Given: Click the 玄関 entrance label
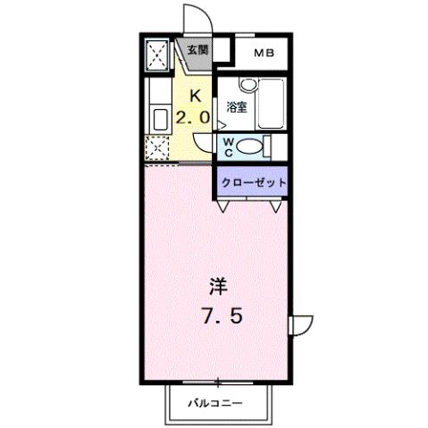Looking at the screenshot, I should [x=197, y=51].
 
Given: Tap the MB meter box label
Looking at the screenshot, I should [x=264, y=53].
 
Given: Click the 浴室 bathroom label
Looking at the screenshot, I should [x=236, y=107].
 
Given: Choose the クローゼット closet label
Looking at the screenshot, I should [x=255, y=182].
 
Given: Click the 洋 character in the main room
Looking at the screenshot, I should [x=218, y=286].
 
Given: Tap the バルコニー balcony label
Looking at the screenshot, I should [x=214, y=403].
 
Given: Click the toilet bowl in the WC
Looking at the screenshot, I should [x=255, y=147].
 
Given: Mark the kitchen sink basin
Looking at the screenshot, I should [x=161, y=120].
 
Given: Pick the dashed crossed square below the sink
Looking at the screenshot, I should [x=158, y=150].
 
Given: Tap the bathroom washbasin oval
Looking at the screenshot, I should [x=248, y=86].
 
